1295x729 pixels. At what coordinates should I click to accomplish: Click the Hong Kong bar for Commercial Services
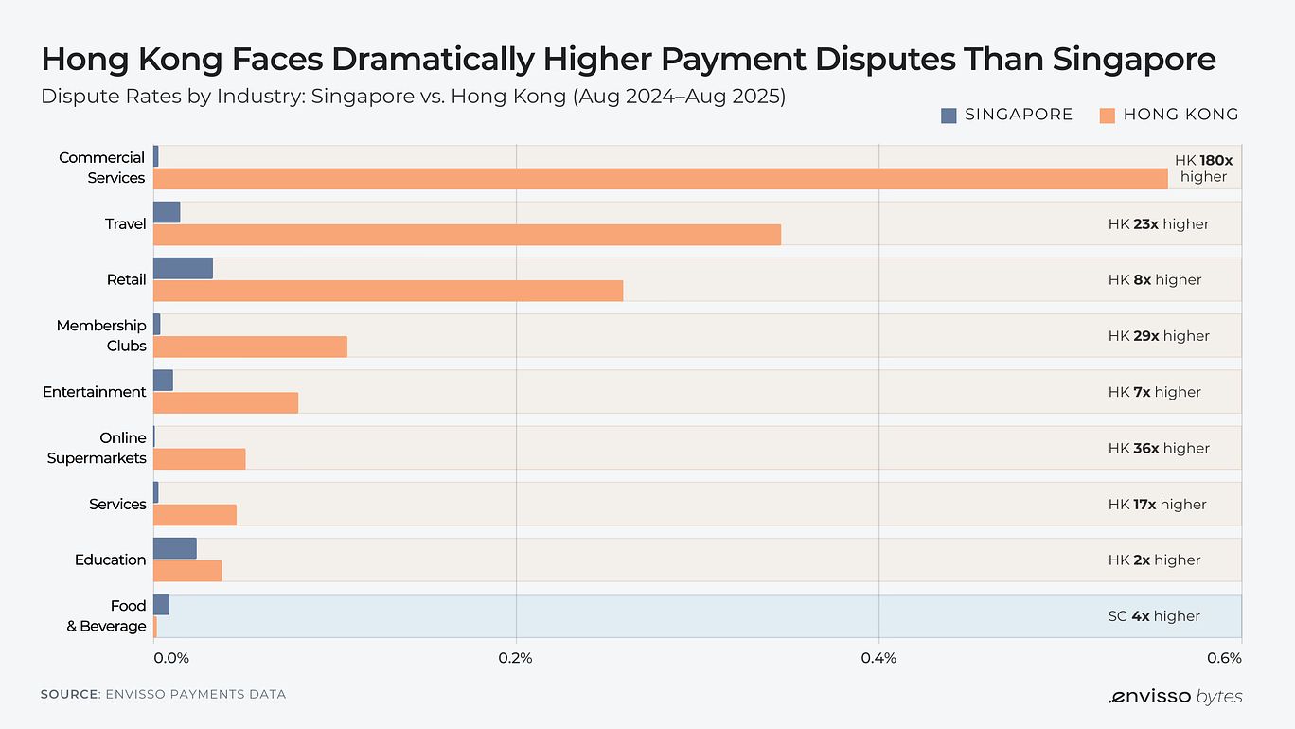tap(660, 179)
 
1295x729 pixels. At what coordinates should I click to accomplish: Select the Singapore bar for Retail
tap(183, 268)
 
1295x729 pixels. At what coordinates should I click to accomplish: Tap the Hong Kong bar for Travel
tap(467, 235)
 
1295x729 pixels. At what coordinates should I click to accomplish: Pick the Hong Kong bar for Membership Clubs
tap(250, 347)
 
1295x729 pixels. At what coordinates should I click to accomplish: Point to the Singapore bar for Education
tap(174, 548)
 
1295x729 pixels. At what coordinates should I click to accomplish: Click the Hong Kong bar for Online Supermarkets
tap(199, 459)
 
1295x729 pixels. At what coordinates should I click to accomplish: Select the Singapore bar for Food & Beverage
tap(161, 604)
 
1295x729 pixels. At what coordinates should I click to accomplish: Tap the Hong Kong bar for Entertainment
tap(225, 402)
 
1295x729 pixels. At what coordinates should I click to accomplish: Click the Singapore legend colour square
tap(949, 116)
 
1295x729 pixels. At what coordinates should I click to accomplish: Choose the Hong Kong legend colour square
tap(1107, 116)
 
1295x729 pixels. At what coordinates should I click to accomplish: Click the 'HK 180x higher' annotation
tap(1203, 169)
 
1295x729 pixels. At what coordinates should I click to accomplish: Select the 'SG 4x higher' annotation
tap(1154, 616)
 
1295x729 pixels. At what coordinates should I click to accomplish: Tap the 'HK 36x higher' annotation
tap(1159, 448)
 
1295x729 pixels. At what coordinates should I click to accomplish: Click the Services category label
tap(117, 504)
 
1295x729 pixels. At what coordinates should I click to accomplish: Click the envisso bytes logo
tap(1175, 697)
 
